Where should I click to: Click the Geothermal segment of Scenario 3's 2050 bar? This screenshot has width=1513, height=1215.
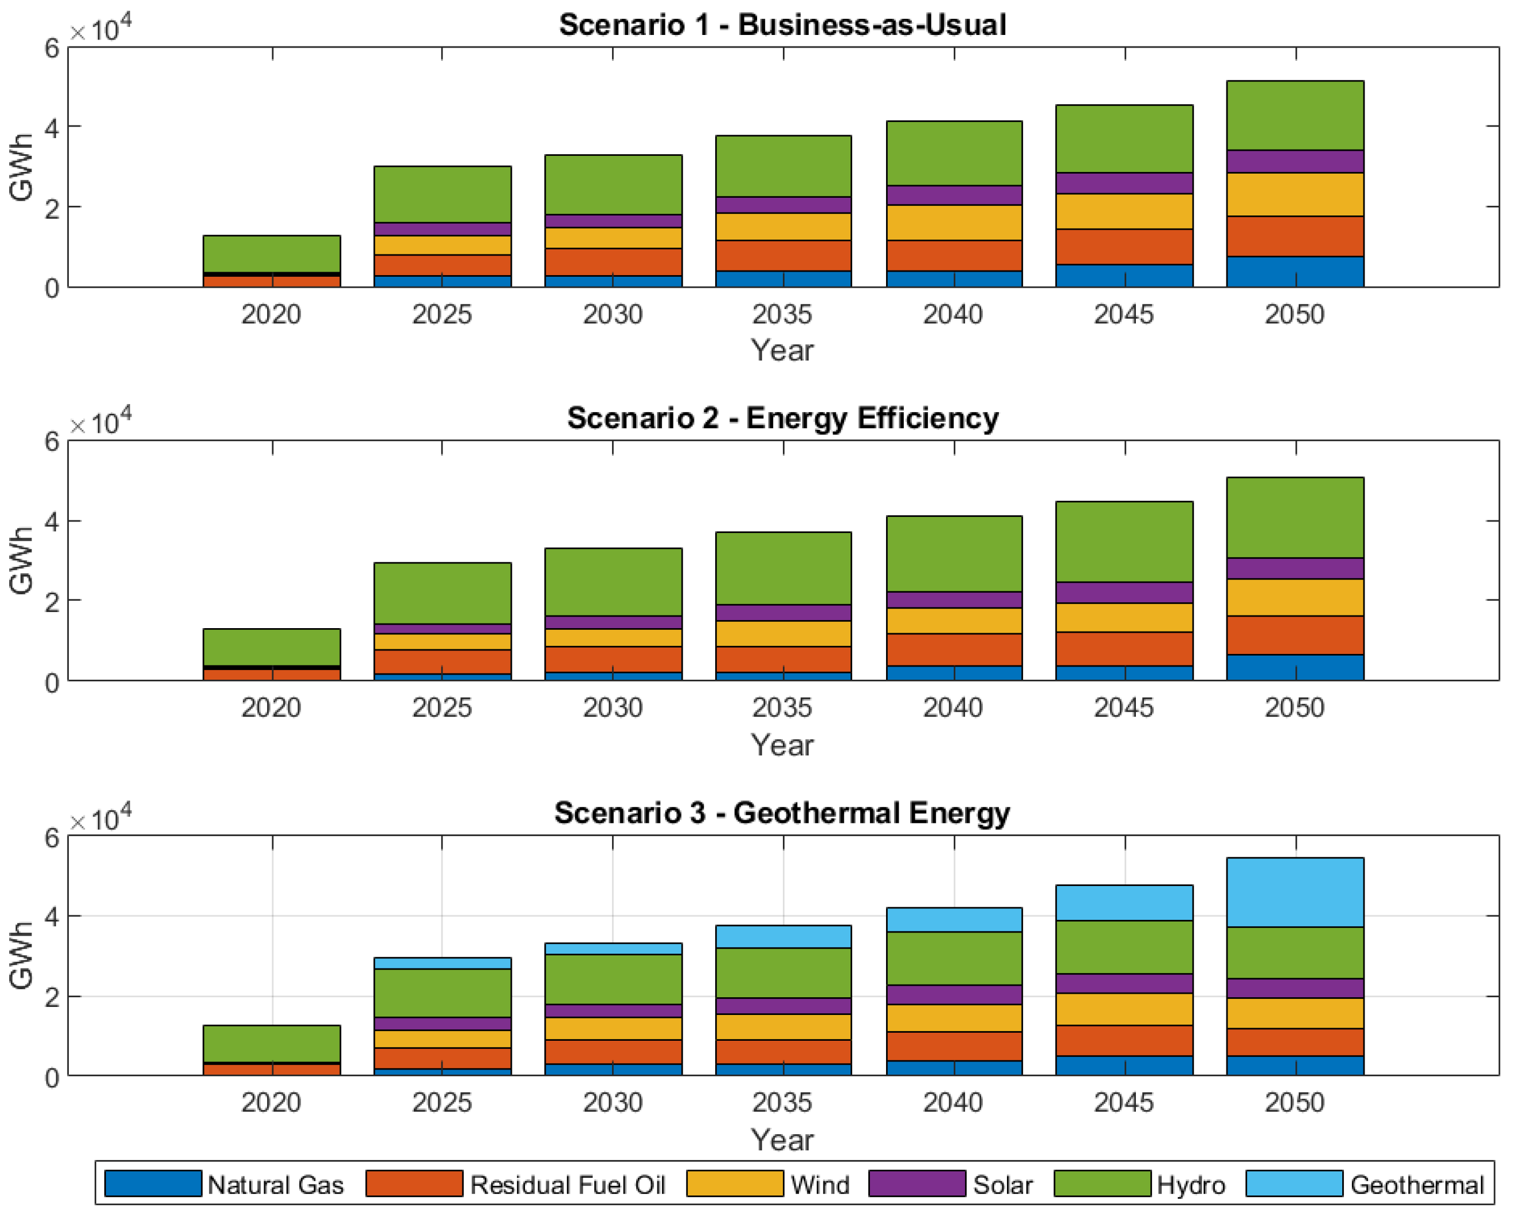click(1295, 892)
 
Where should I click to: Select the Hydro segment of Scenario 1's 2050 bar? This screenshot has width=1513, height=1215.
click(1295, 115)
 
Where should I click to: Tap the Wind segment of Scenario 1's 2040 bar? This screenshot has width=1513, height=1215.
click(954, 222)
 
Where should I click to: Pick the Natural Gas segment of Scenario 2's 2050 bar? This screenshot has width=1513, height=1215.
click(1295, 668)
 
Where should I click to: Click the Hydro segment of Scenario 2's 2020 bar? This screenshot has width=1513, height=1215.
click(272, 646)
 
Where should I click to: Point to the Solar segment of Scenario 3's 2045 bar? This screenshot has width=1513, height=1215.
click(1124, 983)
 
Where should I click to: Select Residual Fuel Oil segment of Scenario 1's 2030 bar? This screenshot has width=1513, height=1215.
click(613, 262)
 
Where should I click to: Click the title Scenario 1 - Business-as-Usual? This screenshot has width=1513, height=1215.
click(782, 25)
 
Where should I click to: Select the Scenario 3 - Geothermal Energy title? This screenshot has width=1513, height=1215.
click(782, 813)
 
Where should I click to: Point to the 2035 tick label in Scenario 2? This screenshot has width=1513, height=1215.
click(782, 708)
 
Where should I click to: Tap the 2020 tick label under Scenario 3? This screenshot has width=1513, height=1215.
click(271, 1103)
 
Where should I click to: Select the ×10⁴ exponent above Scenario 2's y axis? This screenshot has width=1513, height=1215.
click(100, 422)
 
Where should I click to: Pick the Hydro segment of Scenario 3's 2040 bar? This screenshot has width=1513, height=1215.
click(954, 958)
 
